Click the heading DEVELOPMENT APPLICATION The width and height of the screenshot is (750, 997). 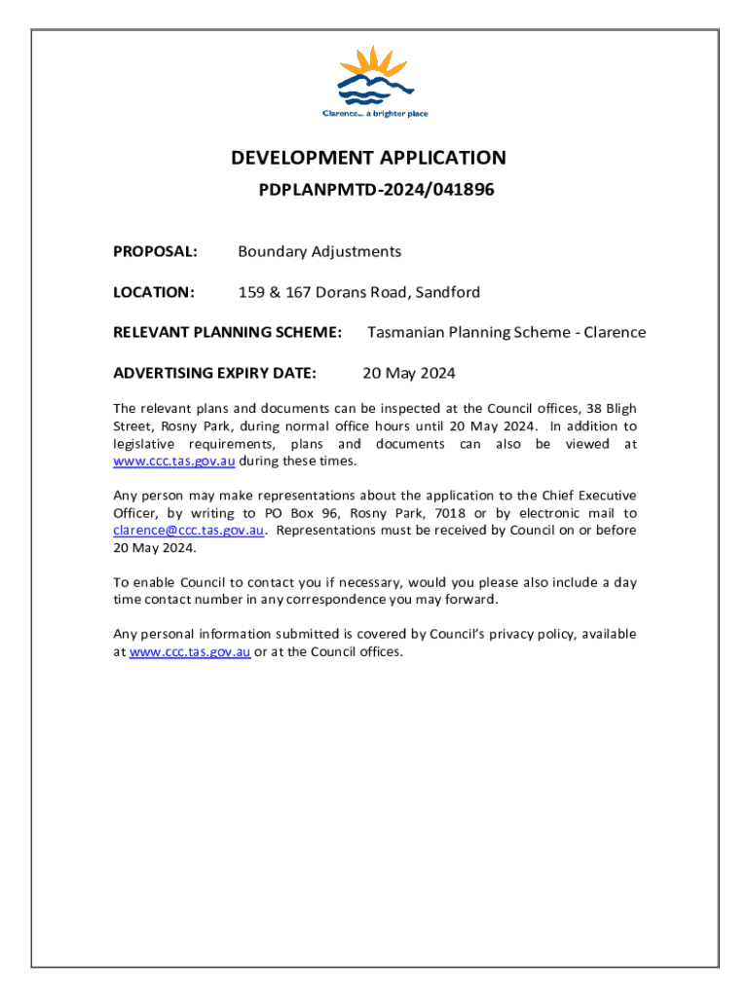368,158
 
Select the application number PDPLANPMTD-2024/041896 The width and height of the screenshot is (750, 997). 376,190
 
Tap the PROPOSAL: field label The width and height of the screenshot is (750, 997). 156,252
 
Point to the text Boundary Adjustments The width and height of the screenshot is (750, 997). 319,252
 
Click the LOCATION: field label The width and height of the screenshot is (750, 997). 155,292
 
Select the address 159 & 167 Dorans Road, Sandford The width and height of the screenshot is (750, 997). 359,292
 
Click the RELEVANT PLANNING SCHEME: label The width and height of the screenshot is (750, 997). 228,332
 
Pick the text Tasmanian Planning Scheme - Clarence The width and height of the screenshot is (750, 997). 506,332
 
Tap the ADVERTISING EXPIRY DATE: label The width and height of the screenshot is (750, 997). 215,372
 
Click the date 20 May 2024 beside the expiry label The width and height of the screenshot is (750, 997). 408,372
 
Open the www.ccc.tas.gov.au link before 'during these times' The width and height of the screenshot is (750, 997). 174,461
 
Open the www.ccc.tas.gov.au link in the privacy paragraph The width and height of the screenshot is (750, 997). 190,651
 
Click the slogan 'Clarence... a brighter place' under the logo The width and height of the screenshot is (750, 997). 375,114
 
